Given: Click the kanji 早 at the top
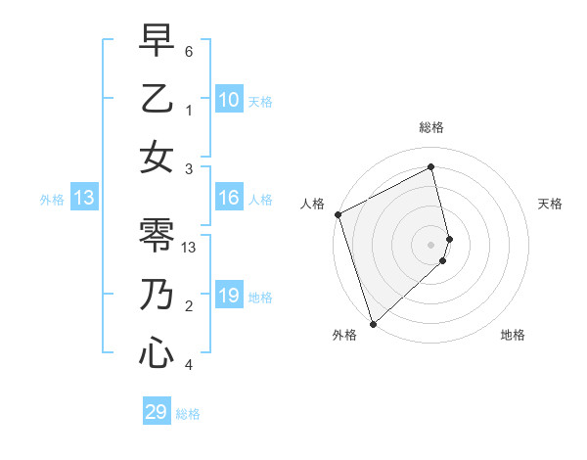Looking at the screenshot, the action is tap(157, 41).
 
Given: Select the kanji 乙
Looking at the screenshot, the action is tap(157, 99).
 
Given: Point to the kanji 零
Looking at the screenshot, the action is tap(157, 236).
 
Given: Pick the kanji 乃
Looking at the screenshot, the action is tap(157, 295).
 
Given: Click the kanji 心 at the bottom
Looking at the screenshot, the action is tap(157, 352).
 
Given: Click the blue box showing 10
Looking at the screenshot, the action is tap(229, 99).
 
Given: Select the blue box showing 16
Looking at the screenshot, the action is tap(229, 198).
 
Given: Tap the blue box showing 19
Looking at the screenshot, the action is tap(229, 296).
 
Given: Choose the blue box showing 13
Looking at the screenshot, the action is tap(84, 198).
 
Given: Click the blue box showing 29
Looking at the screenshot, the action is tap(157, 412).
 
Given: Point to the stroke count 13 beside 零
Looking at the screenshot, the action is tap(191, 248).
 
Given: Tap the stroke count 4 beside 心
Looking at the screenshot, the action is tap(190, 365).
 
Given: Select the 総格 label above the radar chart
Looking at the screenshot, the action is tap(431, 127).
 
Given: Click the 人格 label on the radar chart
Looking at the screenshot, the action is tap(312, 204).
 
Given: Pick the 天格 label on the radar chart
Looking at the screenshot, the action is tap(550, 204).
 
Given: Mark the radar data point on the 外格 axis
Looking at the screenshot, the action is tap(373, 322).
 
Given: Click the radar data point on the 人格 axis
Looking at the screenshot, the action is tap(338, 214).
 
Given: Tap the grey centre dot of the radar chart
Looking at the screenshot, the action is tap(431, 244).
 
